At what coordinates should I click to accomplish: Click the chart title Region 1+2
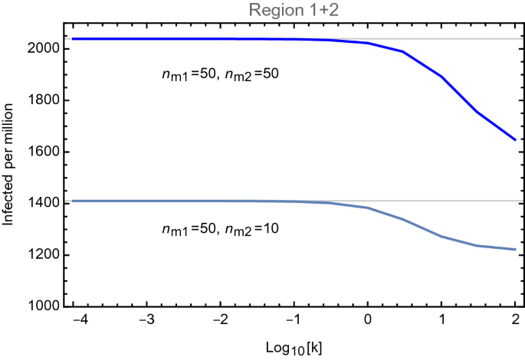pos(294,9)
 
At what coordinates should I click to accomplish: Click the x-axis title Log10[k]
pos(293,347)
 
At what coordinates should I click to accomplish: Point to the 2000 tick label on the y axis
pos(45,49)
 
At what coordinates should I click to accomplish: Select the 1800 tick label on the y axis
pos(45,100)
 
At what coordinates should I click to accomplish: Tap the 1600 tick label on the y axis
pos(45,152)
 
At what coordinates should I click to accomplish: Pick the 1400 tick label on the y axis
pos(45,204)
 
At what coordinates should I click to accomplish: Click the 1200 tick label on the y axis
pos(45,255)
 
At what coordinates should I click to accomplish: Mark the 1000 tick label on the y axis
pos(45,306)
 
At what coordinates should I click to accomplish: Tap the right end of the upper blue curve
pos(514,140)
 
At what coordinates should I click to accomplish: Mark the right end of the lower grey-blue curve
pos(514,249)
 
